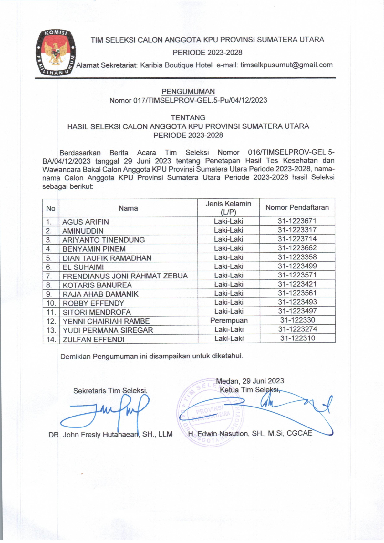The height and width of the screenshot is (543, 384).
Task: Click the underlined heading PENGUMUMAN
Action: [188, 91]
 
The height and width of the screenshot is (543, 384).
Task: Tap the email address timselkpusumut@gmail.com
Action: [286, 65]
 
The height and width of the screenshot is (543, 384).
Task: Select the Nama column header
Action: [128, 208]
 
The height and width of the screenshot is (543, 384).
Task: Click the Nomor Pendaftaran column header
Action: [297, 207]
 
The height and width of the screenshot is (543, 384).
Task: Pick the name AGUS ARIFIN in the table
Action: [86, 222]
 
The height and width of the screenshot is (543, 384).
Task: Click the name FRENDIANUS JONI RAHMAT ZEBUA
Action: [125, 276]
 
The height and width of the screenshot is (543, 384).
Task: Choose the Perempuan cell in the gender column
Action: [229, 321]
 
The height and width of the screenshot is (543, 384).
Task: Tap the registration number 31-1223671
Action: [297, 221]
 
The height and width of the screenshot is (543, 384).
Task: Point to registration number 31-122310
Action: [297, 338]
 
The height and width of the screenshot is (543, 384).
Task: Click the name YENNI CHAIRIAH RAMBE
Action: [106, 321]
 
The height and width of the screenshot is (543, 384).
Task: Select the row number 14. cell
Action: [51, 339]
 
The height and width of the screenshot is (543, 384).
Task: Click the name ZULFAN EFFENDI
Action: [93, 339]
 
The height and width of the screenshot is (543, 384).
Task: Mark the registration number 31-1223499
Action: [297, 266]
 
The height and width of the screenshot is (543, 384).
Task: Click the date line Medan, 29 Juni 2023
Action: [250, 381]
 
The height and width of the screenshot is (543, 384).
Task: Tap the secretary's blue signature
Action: [107, 411]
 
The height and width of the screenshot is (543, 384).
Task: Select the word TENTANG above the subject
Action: [188, 117]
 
